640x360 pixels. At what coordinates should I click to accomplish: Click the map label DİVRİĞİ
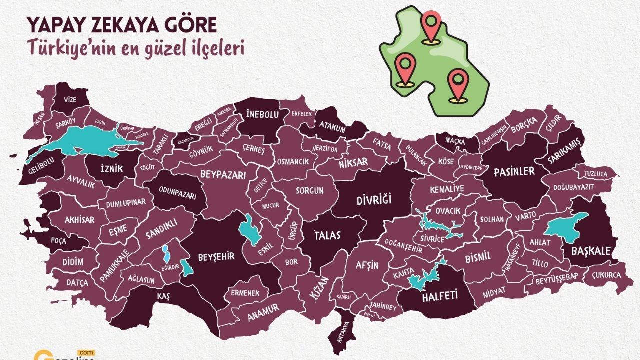(374, 201)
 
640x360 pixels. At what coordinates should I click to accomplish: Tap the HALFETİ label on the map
(440, 297)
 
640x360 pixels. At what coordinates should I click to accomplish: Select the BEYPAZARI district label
(223, 175)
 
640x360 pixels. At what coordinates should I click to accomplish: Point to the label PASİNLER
(514, 171)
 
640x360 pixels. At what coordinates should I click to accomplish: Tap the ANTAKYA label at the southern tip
(341, 331)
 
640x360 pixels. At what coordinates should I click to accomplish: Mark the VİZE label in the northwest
(70, 99)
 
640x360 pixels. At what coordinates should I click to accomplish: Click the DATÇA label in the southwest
(77, 283)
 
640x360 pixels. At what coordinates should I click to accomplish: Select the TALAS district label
(327, 235)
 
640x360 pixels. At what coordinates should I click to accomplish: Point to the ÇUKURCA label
(606, 275)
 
